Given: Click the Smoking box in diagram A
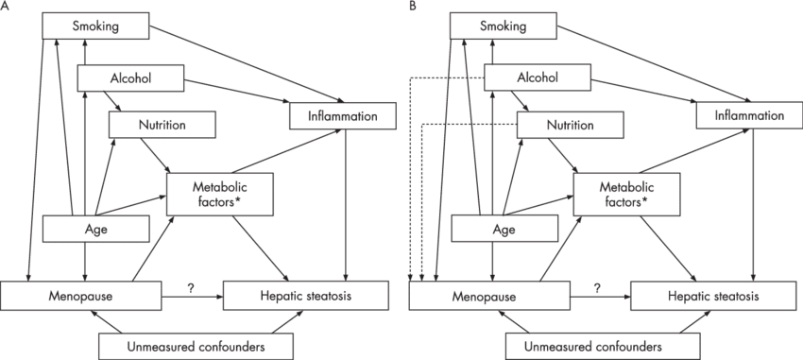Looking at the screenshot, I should point(95,26).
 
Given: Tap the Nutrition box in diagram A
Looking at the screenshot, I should point(162,124).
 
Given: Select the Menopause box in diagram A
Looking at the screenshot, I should point(79,294).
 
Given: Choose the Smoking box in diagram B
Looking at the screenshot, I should point(504,26).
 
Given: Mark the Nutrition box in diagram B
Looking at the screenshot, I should point(570,125).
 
